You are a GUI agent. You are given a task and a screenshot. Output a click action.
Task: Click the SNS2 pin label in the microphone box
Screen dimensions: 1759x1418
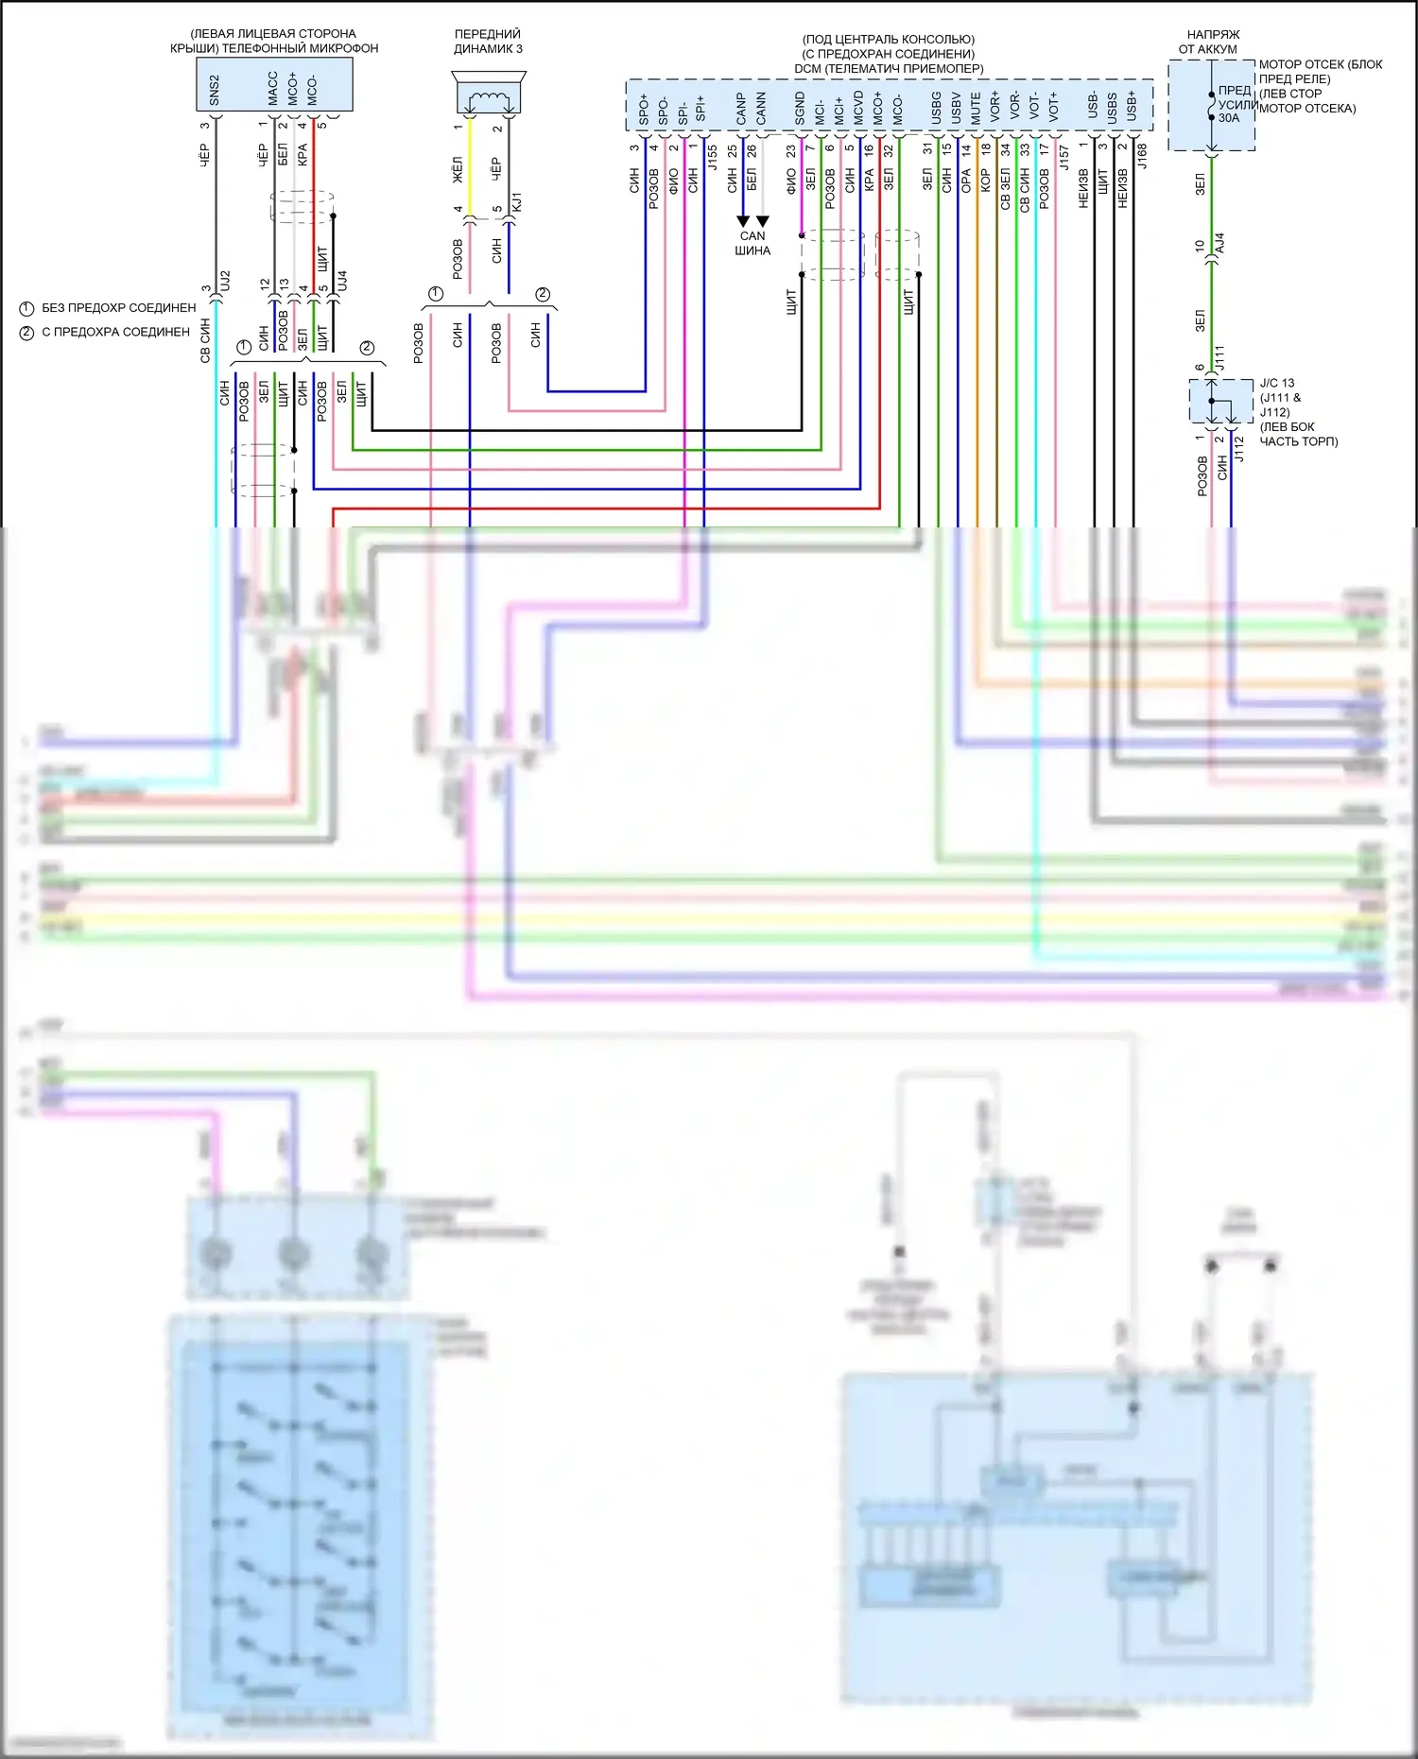point(215,91)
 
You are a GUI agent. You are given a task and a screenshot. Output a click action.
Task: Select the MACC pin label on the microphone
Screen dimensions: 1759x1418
point(273,89)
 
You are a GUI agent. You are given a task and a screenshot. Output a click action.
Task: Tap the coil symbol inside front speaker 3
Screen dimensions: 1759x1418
point(489,97)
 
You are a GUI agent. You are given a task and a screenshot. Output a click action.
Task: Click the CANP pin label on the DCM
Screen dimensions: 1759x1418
point(742,109)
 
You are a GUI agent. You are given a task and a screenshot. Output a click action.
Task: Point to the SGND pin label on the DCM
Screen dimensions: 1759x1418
point(801,109)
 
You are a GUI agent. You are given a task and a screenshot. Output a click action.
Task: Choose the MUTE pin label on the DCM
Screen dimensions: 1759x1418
point(977,109)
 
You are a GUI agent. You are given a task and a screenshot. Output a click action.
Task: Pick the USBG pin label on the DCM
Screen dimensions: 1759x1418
point(937,109)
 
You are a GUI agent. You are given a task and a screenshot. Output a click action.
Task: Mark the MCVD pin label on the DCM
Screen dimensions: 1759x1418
point(859,109)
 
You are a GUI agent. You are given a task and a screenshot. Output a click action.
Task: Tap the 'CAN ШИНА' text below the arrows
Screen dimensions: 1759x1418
point(752,244)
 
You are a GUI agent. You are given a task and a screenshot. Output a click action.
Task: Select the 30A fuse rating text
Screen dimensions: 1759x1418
point(1229,118)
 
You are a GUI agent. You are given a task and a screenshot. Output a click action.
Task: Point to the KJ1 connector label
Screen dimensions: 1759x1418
point(516,202)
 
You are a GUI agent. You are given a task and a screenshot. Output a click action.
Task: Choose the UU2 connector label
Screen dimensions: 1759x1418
point(225,281)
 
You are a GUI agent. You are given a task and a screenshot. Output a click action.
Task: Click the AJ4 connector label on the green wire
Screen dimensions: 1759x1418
point(1219,243)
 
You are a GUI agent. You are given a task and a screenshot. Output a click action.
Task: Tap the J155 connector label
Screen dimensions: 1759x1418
point(713,157)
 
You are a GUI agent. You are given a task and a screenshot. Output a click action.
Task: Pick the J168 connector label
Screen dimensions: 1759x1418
point(1142,156)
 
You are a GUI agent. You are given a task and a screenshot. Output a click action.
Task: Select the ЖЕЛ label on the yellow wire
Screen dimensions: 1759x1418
point(458,171)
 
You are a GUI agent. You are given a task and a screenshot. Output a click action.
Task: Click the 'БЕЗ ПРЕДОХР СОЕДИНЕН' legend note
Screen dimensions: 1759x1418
point(118,308)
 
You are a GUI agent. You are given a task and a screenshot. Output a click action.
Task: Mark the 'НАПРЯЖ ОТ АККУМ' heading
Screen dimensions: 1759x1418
point(1211,42)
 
